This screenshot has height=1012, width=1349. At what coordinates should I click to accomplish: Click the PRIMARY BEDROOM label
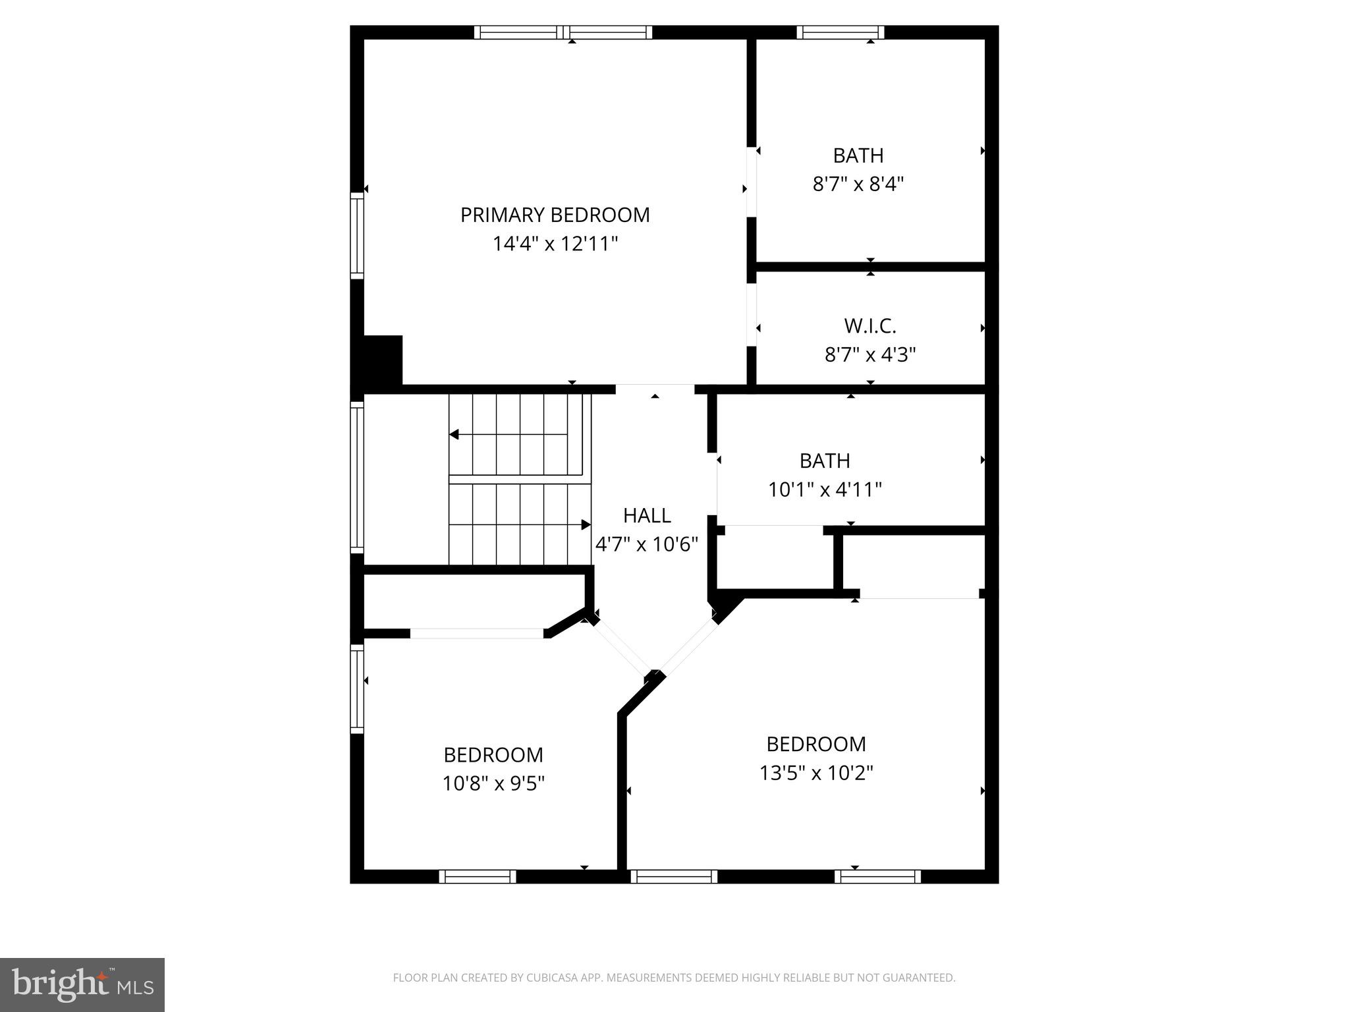point(555,215)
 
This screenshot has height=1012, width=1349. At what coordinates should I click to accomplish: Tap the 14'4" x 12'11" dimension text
point(555,244)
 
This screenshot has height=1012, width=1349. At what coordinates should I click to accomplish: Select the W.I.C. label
point(870,326)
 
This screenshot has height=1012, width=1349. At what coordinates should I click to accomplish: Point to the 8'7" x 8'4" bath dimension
point(858,184)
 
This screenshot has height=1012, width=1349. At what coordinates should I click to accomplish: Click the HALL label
point(647,515)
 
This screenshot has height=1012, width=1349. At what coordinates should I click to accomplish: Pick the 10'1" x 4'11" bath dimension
point(825,490)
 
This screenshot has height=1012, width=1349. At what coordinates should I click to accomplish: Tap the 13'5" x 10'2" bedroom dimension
point(816,773)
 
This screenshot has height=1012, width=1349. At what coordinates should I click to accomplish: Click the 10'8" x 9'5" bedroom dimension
point(493,783)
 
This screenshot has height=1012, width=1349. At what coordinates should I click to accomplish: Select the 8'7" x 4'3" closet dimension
point(870,355)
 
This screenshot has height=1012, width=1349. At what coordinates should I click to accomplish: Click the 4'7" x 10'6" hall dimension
point(647,544)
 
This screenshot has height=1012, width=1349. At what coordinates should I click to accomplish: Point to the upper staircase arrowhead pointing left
point(454,435)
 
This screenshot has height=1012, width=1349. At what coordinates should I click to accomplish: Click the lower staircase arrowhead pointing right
point(586,524)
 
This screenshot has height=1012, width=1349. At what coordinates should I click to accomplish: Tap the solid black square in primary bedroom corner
point(382,360)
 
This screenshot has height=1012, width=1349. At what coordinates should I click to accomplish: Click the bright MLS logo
point(82,984)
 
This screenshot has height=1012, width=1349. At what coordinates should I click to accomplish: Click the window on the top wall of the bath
point(840,32)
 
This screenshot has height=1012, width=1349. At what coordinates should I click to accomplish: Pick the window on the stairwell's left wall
point(356,477)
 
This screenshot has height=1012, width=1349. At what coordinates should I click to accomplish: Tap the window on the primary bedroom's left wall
point(356,236)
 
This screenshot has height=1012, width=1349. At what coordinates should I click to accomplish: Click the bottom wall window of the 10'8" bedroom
point(478,876)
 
